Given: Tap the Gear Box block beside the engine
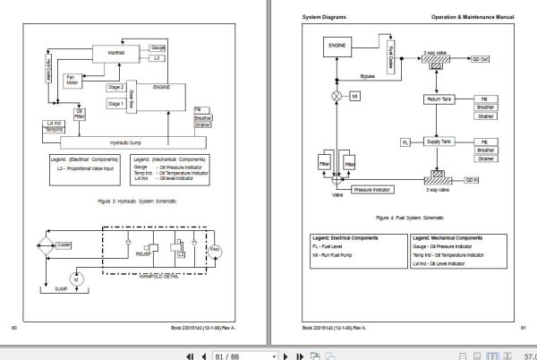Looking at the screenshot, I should pyautogui.click(x=132, y=96).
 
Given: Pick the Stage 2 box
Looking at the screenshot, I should pyautogui.click(x=115, y=88).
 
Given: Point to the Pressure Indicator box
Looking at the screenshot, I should pyautogui.click(x=373, y=190).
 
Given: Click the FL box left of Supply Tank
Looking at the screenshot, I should pyautogui.click(x=405, y=141).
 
